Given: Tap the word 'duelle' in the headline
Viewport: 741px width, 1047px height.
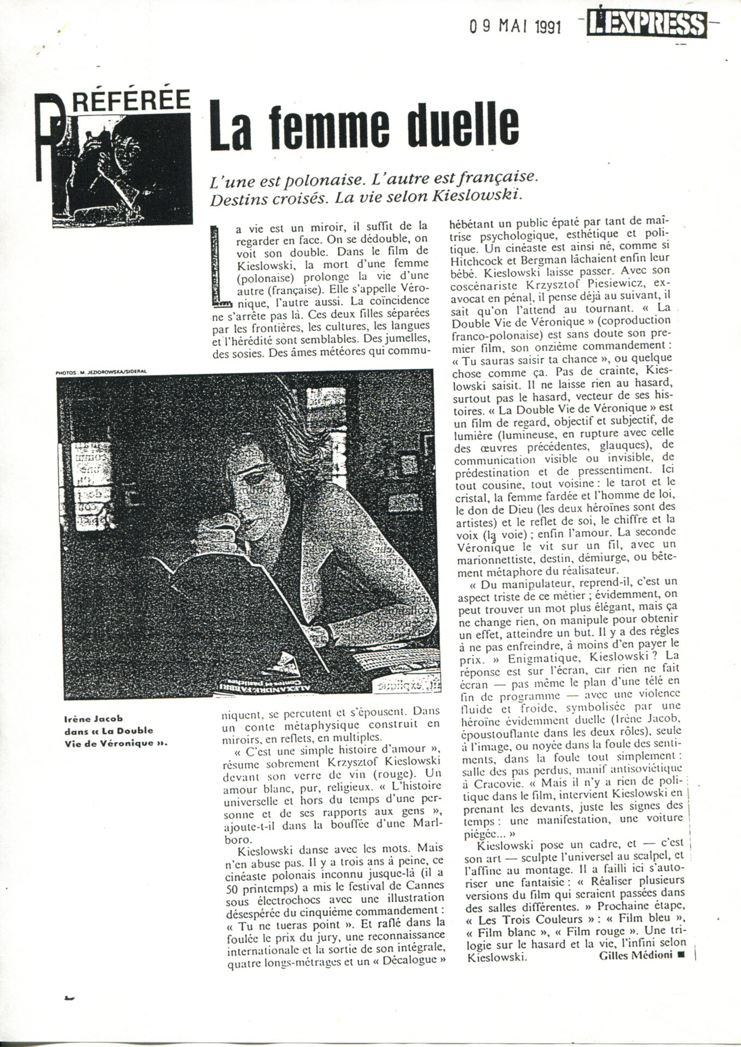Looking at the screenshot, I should point(456,124).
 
